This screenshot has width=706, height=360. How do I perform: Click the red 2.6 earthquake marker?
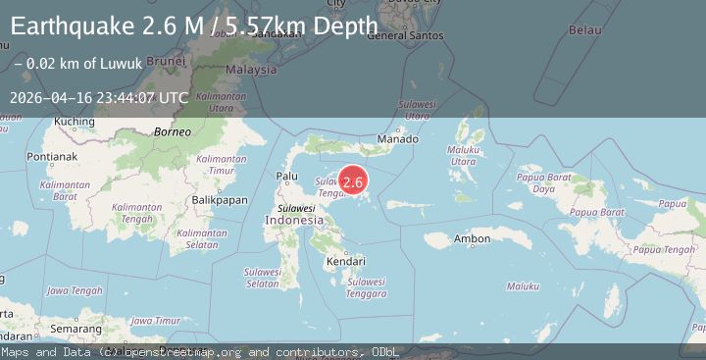353,181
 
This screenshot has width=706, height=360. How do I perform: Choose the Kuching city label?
75,122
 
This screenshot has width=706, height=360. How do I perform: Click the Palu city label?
287,177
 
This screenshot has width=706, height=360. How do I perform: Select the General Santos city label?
400,36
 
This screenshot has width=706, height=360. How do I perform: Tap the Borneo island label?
171,130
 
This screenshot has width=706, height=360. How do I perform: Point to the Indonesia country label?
293,221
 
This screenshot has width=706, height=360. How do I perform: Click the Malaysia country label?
251,70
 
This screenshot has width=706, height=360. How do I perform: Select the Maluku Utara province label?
463,155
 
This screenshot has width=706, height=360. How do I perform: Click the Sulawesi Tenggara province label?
366,287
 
